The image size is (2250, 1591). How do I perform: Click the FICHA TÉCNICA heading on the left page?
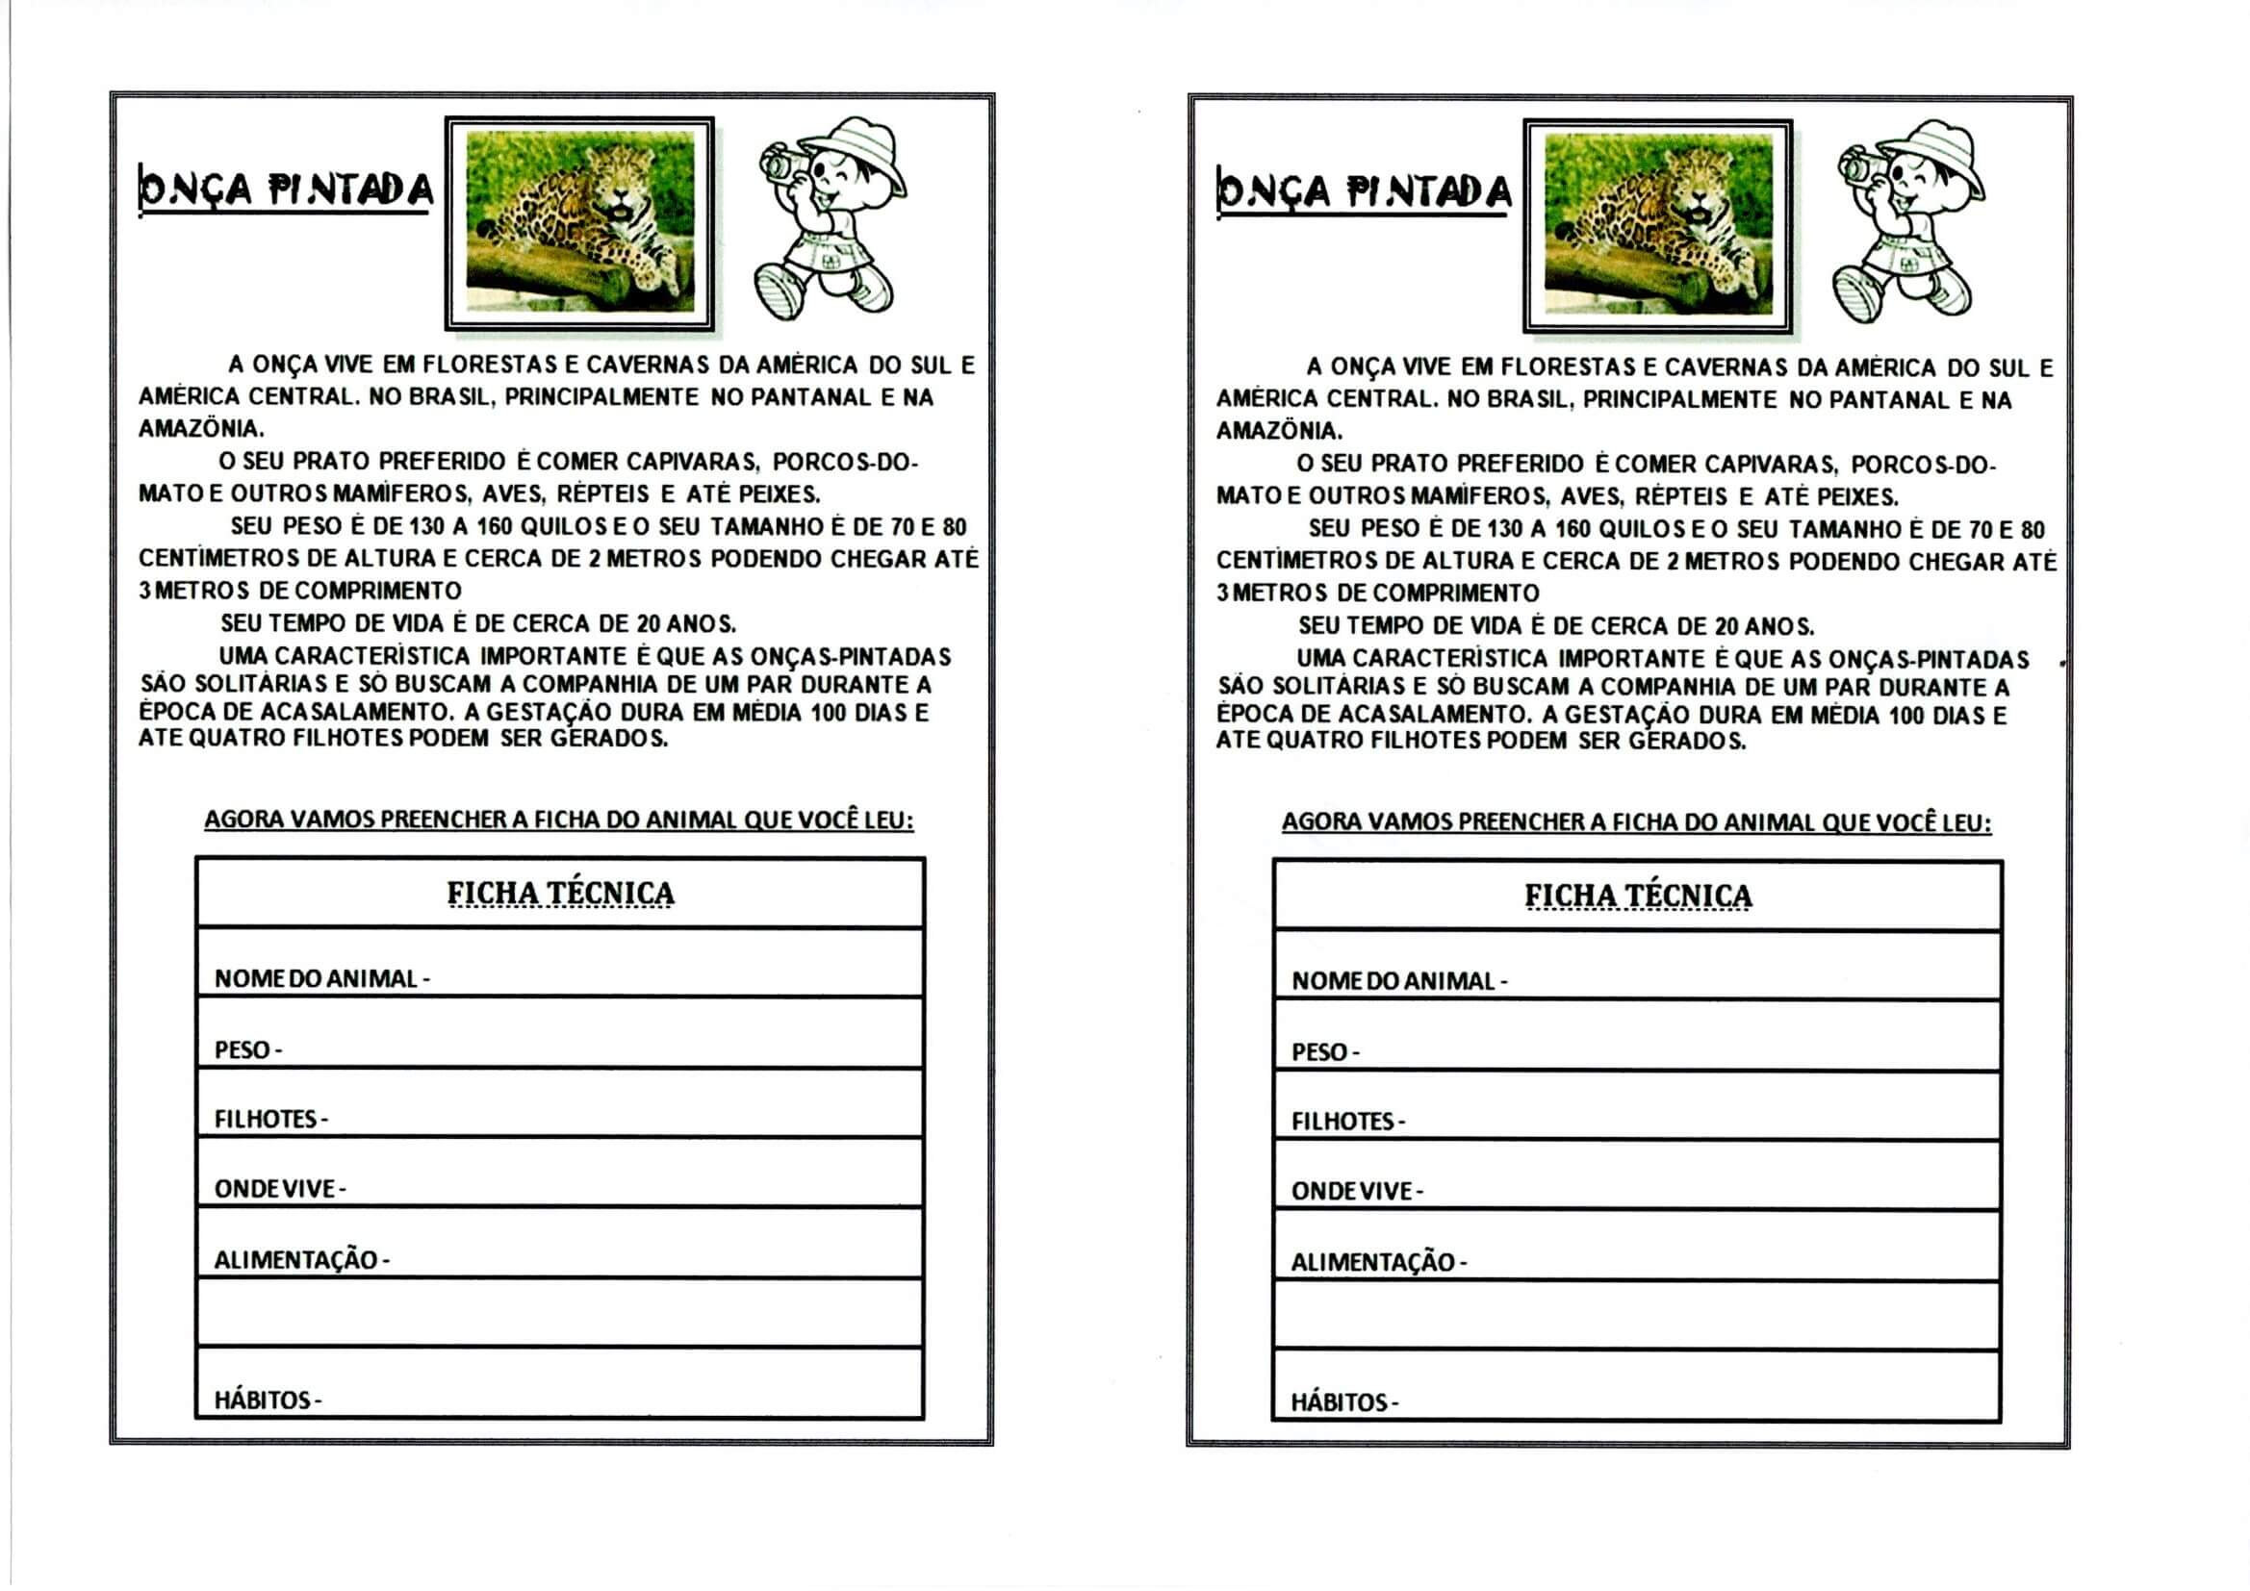click(560, 894)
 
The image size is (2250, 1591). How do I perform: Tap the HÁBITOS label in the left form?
click(263, 1400)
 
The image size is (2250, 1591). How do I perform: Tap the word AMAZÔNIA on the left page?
click(200, 429)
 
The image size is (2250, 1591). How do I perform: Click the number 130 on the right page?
click(1503, 530)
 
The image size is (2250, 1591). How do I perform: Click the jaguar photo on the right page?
click(1658, 225)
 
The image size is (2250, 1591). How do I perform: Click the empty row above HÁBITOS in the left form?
click(559, 1313)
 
